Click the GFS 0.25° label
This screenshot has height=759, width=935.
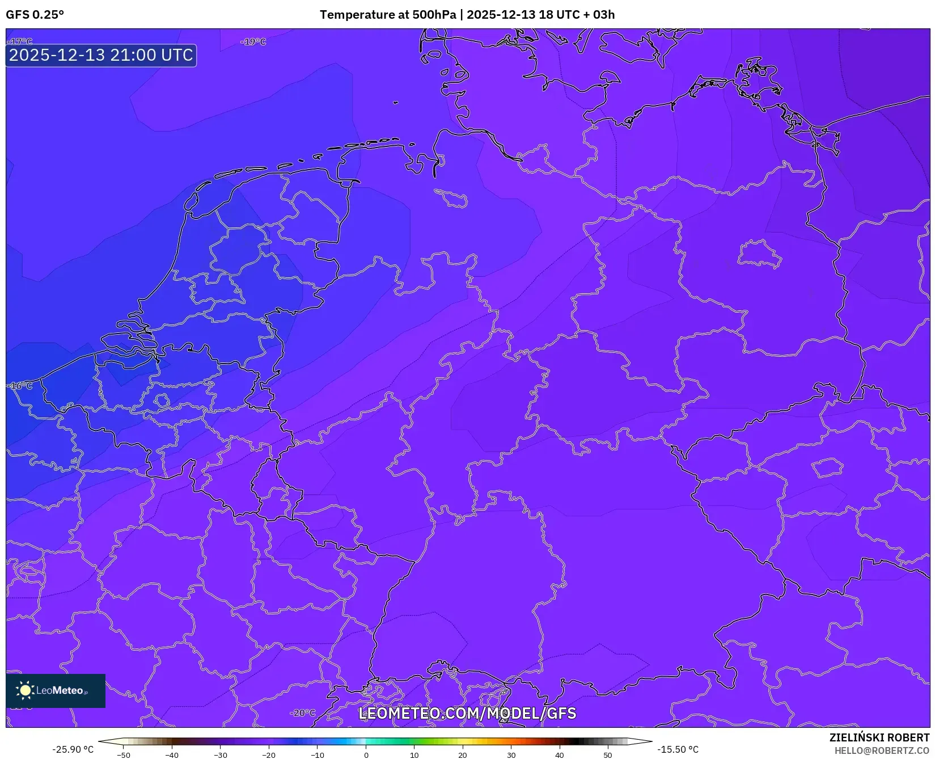[35, 15]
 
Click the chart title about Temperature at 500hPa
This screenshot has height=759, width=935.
[467, 15]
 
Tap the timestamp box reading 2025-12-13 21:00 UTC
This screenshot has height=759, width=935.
[101, 56]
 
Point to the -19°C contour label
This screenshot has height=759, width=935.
[253, 42]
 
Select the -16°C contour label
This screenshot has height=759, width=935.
[20, 386]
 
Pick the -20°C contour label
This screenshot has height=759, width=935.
[302, 713]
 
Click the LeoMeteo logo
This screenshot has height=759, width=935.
[56, 690]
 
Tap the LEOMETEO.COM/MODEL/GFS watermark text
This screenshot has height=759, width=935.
[467, 713]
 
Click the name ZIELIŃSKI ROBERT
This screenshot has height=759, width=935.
[879, 737]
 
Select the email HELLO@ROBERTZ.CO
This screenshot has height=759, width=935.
[882, 750]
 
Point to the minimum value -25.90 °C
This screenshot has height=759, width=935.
[73, 749]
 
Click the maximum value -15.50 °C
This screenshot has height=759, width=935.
[678, 749]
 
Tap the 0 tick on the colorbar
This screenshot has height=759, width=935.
[366, 755]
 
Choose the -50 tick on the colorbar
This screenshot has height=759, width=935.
[123, 755]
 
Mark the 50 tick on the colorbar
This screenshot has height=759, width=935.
[608, 755]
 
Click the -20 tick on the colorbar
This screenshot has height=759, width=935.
[269, 755]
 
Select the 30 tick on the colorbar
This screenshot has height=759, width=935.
[511, 755]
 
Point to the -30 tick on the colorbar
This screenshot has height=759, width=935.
[220, 755]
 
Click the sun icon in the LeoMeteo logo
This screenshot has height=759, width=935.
[25, 690]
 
